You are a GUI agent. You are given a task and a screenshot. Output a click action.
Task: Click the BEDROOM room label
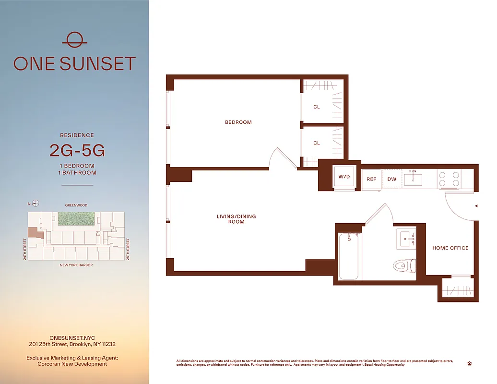click(238, 122)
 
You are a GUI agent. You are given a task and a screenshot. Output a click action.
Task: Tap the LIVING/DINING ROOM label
click(236, 219)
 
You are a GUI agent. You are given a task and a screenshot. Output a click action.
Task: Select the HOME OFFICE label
click(450, 248)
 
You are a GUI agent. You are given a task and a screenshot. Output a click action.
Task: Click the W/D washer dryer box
click(344, 177)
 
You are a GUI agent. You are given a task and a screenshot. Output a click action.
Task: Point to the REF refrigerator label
click(371, 179)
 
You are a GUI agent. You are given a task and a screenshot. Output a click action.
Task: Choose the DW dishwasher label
click(391, 179)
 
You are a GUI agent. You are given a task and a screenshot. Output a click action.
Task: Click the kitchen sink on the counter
click(413, 179)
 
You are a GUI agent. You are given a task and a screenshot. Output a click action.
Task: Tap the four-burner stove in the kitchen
click(449, 179)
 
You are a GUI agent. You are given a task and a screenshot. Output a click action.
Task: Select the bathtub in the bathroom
click(349, 256)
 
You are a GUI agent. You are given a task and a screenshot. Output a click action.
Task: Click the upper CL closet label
click(317, 107)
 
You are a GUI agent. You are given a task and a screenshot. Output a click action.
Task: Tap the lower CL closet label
click(317, 143)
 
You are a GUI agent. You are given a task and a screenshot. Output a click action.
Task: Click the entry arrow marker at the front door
click(476, 206)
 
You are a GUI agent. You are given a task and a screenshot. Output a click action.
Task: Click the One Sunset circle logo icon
click(74, 40)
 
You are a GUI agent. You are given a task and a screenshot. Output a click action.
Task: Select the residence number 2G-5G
click(77, 150)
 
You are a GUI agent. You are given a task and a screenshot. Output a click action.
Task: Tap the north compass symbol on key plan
click(35, 204)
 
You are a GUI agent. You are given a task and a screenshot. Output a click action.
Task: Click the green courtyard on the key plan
click(76, 219)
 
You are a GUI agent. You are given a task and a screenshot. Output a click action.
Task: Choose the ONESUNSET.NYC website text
click(72, 338)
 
